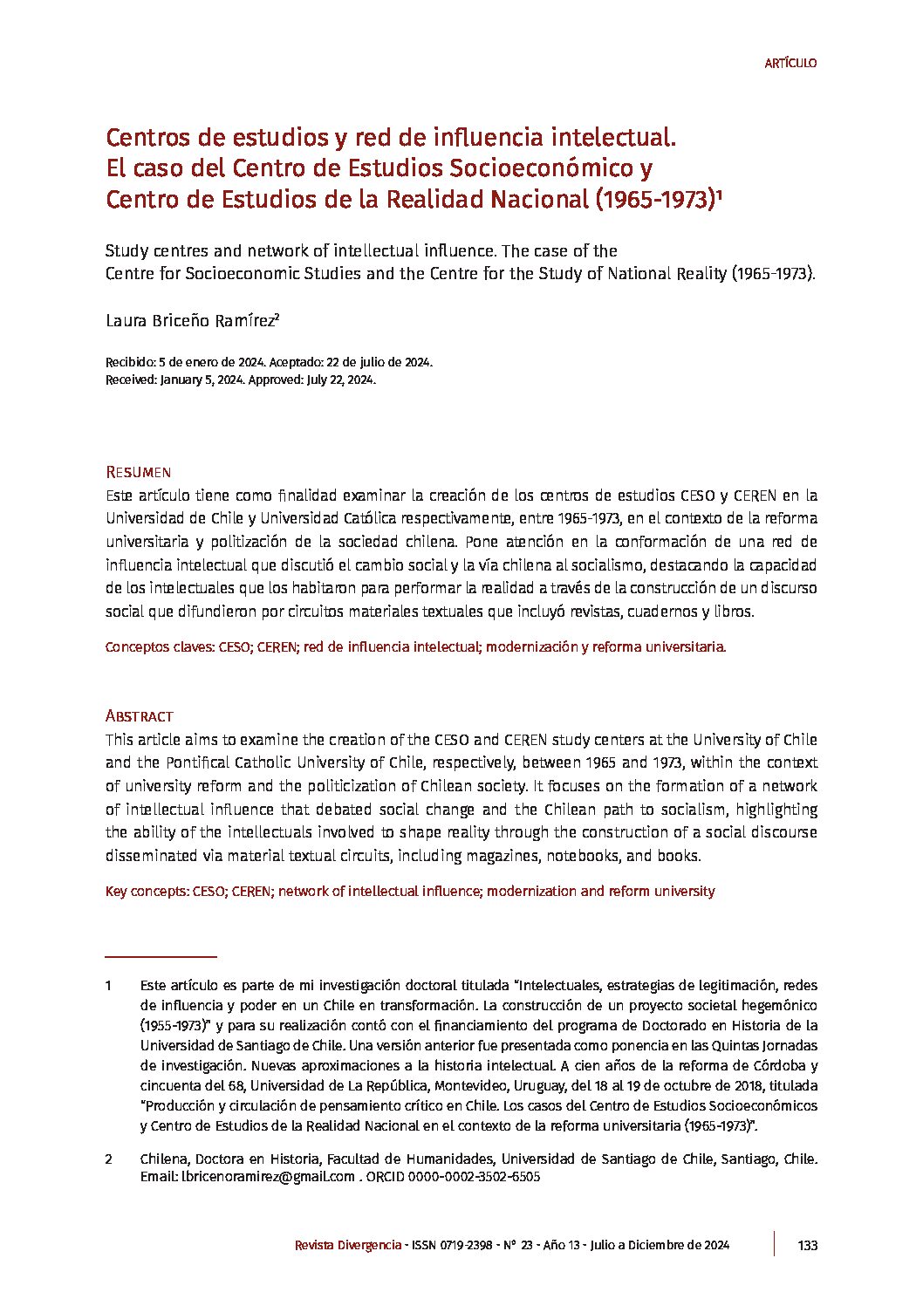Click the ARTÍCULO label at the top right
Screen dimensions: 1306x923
tap(790, 63)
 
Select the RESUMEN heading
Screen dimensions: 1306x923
tap(138, 472)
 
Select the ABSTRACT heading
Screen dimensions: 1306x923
tap(139, 716)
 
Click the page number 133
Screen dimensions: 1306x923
tap(807, 1245)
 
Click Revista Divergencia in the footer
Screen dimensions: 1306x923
tap(348, 1245)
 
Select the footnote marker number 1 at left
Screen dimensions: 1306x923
tap(109, 986)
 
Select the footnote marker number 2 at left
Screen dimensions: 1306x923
tap(109, 1159)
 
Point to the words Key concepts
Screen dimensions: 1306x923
tap(146, 892)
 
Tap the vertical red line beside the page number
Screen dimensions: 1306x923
tap(774, 1244)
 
